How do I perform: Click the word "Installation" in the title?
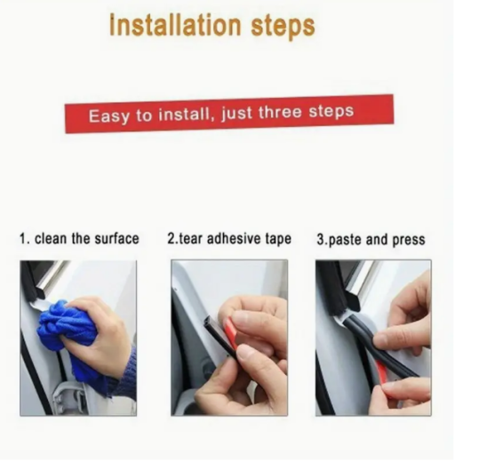pyautogui.click(x=176, y=25)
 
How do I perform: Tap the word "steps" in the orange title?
pyautogui.click(x=283, y=27)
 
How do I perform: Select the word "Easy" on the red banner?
pyautogui.click(x=108, y=116)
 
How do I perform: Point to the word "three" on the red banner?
pyautogui.click(x=280, y=112)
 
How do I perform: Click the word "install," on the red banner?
pyautogui.click(x=185, y=115)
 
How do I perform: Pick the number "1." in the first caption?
pyautogui.click(x=25, y=238)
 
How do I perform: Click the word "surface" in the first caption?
pyautogui.click(x=116, y=238)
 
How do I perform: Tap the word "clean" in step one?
pyautogui.click(x=51, y=238)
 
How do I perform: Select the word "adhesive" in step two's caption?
pyautogui.click(x=234, y=238)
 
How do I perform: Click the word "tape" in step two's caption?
pyautogui.click(x=278, y=239)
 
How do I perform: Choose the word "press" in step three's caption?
pyautogui.click(x=409, y=240)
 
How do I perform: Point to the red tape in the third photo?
pyautogui.click(x=382, y=373)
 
